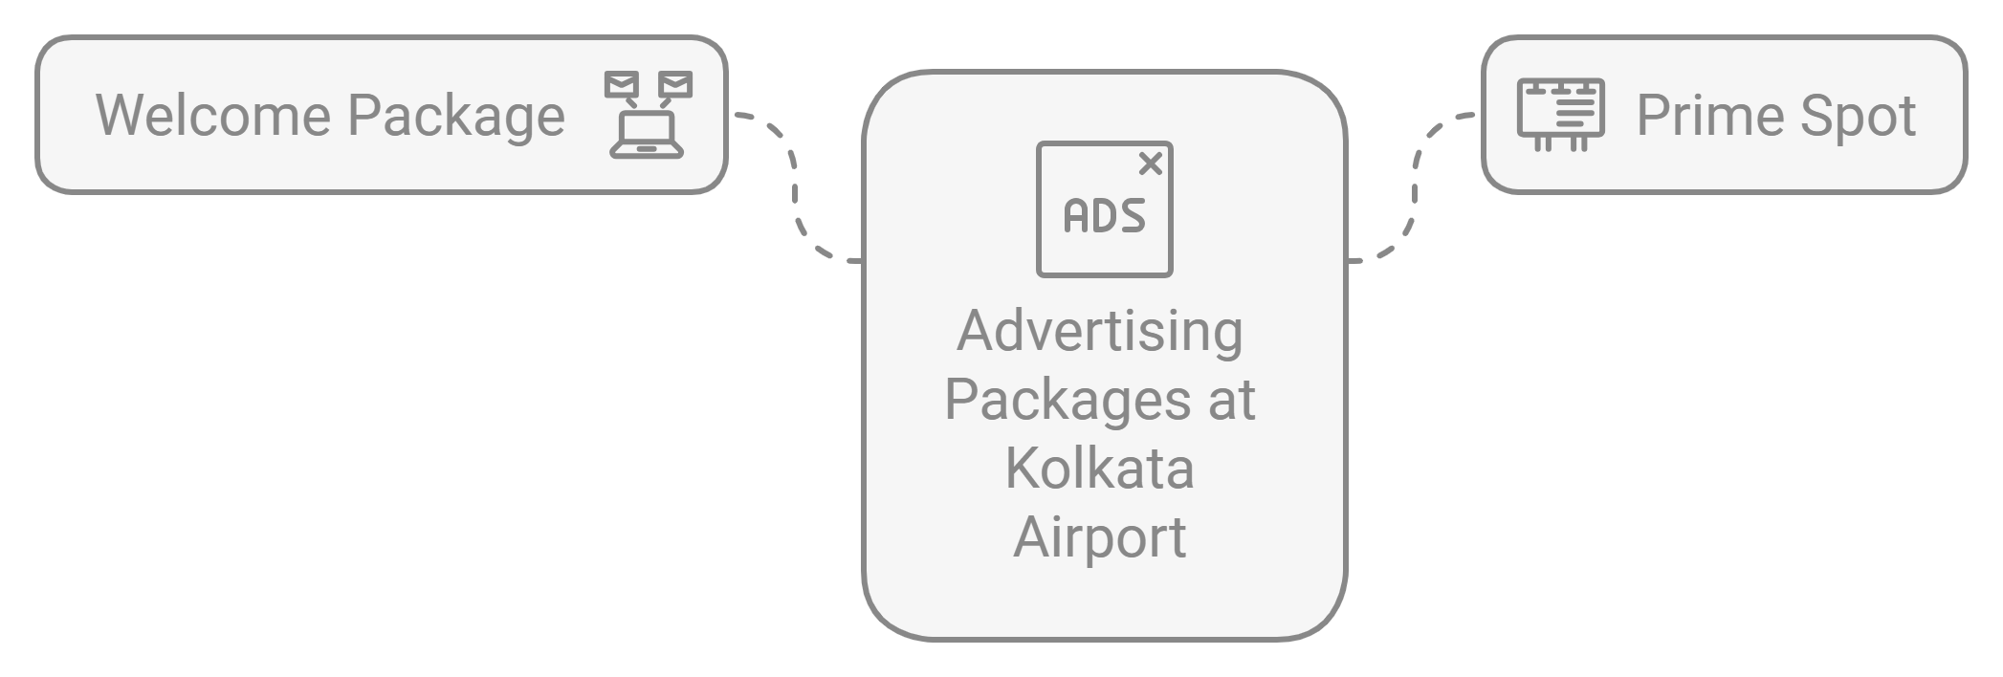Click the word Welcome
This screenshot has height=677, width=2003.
pyautogui.click(x=212, y=116)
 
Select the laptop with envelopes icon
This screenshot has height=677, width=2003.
pyautogui.click(x=648, y=115)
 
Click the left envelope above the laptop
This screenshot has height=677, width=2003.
pyautogui.click(x=621, y=85)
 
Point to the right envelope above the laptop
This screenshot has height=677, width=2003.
pyautogui.click(x=675, y=85)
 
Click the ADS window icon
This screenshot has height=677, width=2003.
pyautogui.click(x=1104, y=209)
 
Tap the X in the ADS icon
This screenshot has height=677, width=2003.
pyautogui.click(x=1150, y=164)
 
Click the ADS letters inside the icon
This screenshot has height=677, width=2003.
pyautogui.click(x=1104, y=216)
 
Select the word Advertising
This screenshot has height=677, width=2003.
pyautogui.click(x=1100, y=331)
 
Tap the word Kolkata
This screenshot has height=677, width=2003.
pyautogui.click(x=1100, y=469)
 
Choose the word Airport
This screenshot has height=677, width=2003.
pyautogui.click(x=1100, y=537)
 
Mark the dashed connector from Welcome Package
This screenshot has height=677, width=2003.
pyautogui.click(x=795, y=186)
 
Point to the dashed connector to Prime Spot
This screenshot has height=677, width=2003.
pyautogui.click(x=1414, y=186)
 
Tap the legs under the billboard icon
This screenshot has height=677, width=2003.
pyautogui.click(x=1560, y=144)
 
